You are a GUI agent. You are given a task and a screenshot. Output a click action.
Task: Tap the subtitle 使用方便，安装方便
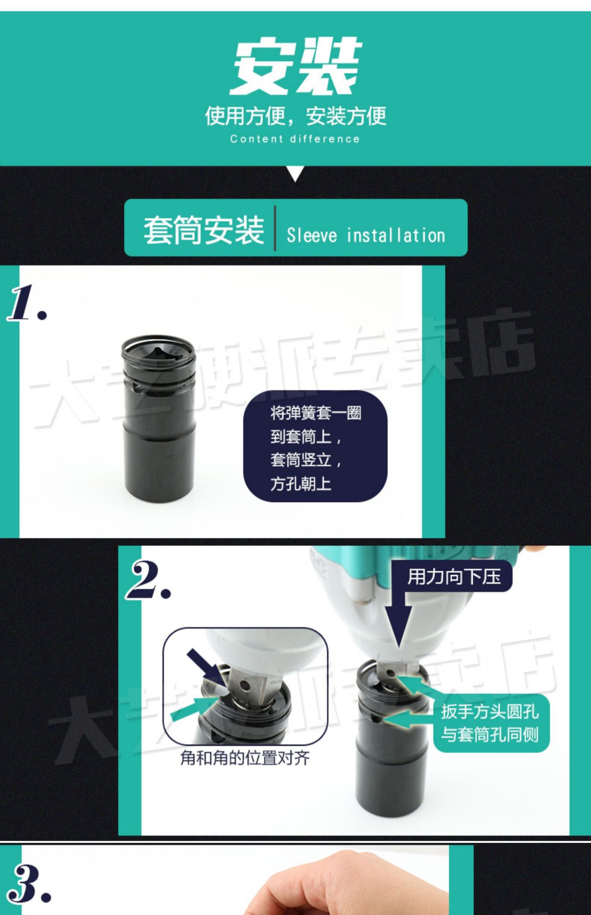point(295,116)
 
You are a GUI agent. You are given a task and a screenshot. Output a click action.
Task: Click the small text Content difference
point(295,139)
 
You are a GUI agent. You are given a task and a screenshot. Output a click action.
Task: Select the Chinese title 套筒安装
point(204,230)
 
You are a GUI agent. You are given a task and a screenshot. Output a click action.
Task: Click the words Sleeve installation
point(366,235)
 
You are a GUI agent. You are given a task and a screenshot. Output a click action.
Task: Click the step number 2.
point(148,580)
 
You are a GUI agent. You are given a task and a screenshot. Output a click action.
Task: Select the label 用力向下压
point(453,577)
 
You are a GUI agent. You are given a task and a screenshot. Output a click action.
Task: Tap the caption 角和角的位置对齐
point(245,757)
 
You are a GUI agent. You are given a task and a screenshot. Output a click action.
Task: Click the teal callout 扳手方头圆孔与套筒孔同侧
point(490,723)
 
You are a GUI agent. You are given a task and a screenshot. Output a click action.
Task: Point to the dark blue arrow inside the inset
point(202,665)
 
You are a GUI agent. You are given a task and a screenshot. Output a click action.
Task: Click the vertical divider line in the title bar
point(275,228)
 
